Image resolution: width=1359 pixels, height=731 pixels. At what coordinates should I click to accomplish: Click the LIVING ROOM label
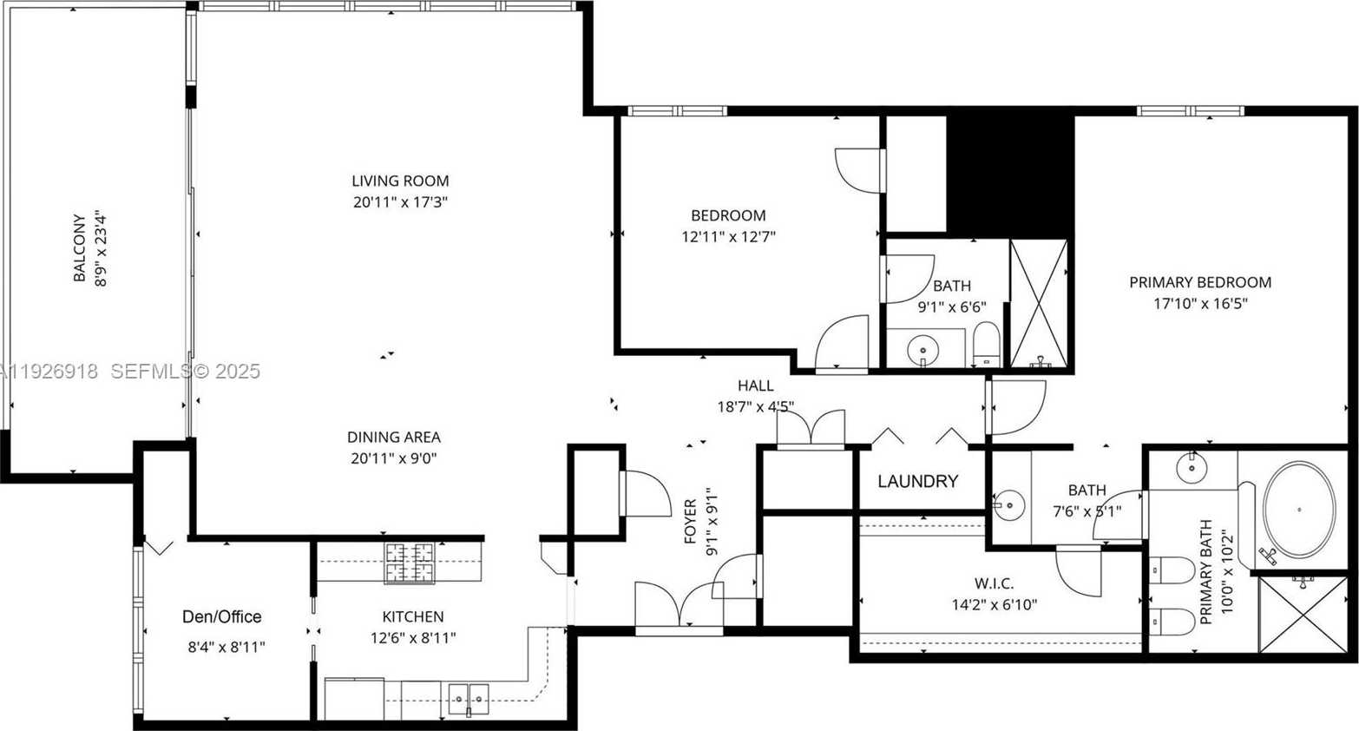(400, 181)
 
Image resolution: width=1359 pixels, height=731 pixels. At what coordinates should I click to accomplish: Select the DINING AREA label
(394, 438)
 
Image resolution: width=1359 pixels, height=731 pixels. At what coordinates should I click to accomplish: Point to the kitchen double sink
(469, 698)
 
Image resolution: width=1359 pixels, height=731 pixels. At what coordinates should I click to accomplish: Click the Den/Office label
(221, 617)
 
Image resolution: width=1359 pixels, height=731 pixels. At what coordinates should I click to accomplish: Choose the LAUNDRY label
(917, 481)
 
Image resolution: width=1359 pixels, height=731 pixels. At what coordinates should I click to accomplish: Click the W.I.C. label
(994, 583)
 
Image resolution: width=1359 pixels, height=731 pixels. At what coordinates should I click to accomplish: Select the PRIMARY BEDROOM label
(1200, 282)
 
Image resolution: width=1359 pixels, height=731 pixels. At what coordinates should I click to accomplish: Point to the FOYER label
(690, 521)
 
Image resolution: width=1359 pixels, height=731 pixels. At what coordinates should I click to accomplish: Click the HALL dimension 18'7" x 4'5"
(755, 406)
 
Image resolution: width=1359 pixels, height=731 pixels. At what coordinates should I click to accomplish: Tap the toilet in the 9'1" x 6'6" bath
(986, 345)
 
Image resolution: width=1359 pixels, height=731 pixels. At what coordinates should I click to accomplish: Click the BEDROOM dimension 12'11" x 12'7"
(728, 236)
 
